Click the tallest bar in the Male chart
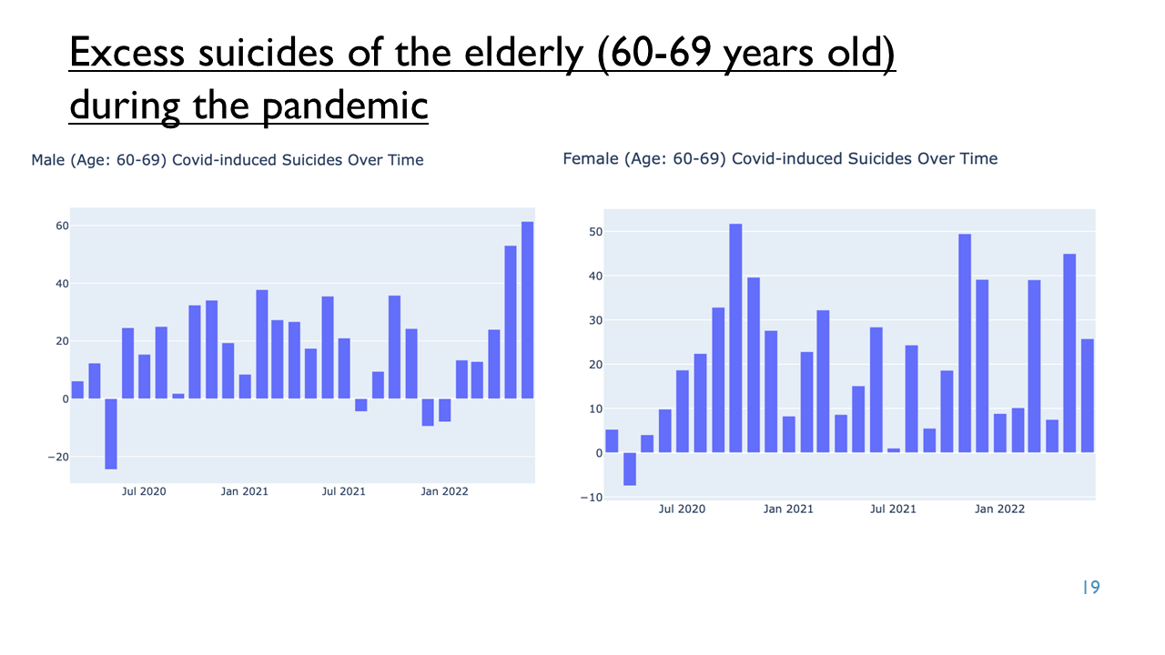527,310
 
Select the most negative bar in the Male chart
111,434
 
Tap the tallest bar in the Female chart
735,338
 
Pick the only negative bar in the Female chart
630,469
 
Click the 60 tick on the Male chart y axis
63,226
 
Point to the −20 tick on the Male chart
58,457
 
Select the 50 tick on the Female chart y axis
595,232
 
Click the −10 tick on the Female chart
592,498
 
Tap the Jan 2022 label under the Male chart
445,491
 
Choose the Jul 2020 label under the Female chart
682,509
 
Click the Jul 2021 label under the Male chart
344,491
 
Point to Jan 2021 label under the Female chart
788,509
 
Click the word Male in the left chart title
48,160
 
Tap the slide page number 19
1091,588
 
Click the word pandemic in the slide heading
345,106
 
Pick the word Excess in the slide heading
127,53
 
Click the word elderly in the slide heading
524,54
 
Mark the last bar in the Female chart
1088,396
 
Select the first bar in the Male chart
77,390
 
